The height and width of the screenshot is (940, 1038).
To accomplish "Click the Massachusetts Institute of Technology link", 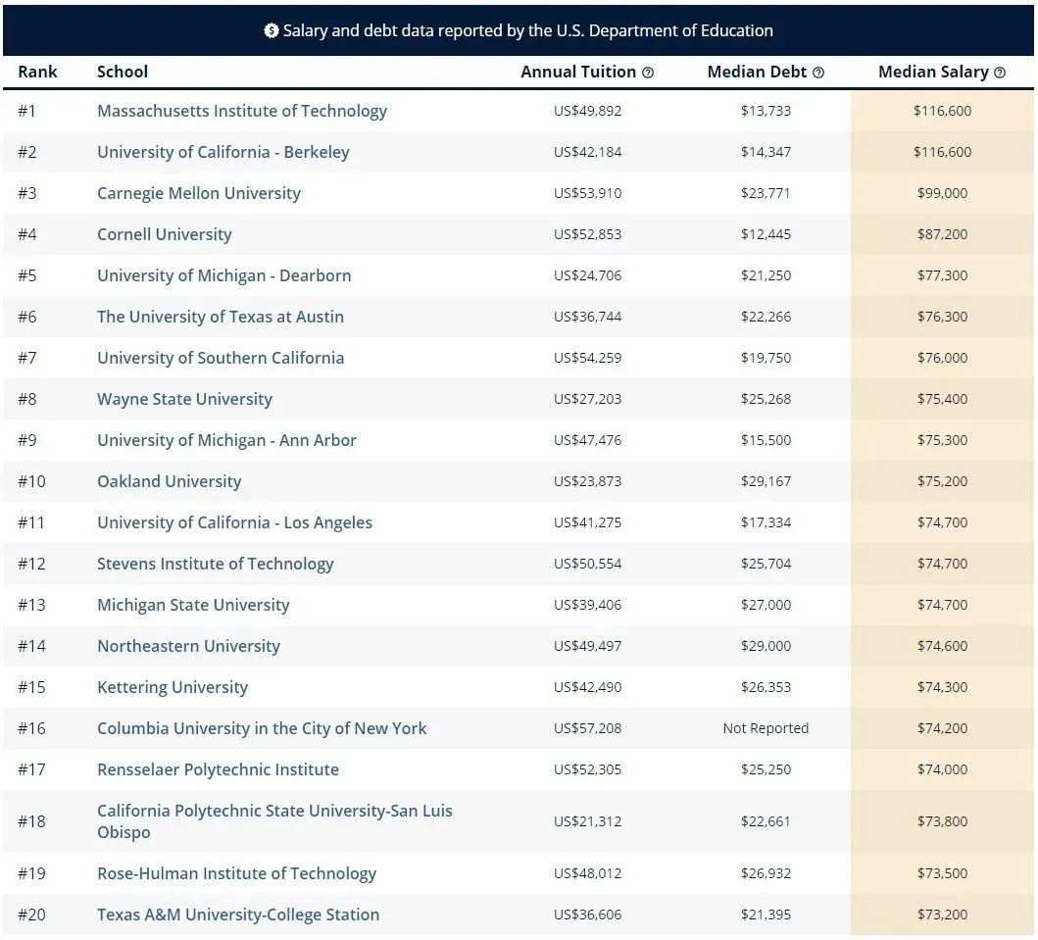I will point(241,111).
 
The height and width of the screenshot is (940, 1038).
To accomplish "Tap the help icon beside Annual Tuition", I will point(648,73).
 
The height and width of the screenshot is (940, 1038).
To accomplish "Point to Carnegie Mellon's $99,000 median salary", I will point(942,193).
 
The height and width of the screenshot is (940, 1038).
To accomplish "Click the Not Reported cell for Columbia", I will point(766,728).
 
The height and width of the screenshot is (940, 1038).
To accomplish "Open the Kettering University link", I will point(173,687).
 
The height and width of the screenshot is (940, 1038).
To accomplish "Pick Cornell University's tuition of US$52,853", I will point(587,234).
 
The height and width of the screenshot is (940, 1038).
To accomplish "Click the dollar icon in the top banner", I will point(272,30).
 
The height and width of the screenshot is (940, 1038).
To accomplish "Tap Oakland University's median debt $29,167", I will point(766,481).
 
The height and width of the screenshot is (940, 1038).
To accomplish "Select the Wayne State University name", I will point(184,399).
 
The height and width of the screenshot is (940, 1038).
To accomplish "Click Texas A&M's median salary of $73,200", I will point(942,915).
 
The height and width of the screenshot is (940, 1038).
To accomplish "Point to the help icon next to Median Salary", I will point(1000,73).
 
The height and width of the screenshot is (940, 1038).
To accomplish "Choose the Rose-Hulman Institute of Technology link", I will point(236,873).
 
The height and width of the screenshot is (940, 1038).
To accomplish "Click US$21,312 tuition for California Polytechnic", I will point(587,821).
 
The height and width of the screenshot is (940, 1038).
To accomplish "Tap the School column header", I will point(123,72).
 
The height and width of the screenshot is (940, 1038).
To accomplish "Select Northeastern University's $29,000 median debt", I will point(766,646).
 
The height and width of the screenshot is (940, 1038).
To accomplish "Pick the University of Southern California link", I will point(221,358).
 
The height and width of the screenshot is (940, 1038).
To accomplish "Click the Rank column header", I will point(37,72).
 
